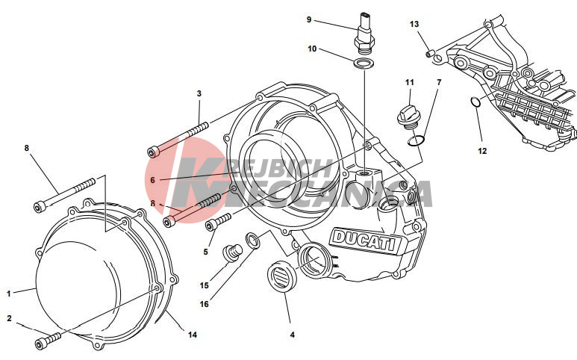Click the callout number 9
click(309, 19)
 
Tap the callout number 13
click(414, 25)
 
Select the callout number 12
click(482, 151)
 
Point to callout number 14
click(193, 335)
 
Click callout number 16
click(205, 304)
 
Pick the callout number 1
click(9, 294)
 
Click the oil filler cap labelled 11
click(408, 117)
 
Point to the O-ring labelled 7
click(417, 140)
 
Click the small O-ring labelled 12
click(475, 102)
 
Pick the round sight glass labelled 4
click(281, 276)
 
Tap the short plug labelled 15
click(233, 253)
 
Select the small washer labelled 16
click(252, 239)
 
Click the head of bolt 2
click(41, 344)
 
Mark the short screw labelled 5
click(217, 222)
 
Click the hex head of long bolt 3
click(153, 152)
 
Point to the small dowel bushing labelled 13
click(429, 54)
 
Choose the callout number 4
click(292, 335)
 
